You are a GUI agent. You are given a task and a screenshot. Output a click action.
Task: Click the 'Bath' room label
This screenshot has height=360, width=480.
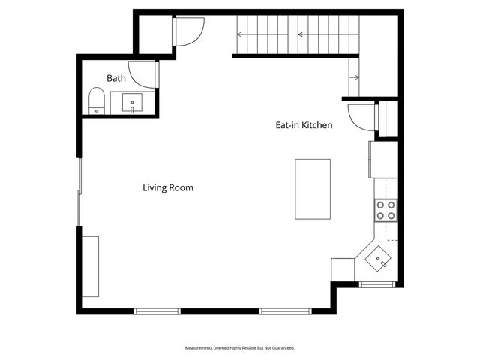point(115,78)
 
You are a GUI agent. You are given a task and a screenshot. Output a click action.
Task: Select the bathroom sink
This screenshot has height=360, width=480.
point(132,103)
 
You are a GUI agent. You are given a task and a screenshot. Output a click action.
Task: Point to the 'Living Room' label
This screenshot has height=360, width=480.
point(168,187)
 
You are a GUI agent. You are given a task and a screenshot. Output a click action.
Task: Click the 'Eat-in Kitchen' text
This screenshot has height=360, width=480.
point(304,126)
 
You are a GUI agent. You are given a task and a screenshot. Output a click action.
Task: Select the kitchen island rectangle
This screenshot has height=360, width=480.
point(313,189)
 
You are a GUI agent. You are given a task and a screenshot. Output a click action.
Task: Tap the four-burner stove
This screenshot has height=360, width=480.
point(385,210)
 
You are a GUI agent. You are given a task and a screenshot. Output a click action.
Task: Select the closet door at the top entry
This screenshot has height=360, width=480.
point(187,31)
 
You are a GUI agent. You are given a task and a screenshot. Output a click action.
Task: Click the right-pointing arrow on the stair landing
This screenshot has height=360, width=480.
point(354,77)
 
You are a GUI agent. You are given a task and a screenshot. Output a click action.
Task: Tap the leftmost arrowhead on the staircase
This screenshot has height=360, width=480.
point(241,34)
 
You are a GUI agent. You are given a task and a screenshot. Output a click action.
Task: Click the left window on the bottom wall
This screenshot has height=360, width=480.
point(157,310)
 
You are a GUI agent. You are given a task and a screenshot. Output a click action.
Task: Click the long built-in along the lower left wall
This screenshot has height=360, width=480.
point(91,266)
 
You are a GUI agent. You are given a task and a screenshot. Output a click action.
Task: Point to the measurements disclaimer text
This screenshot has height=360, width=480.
point(240,348)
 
